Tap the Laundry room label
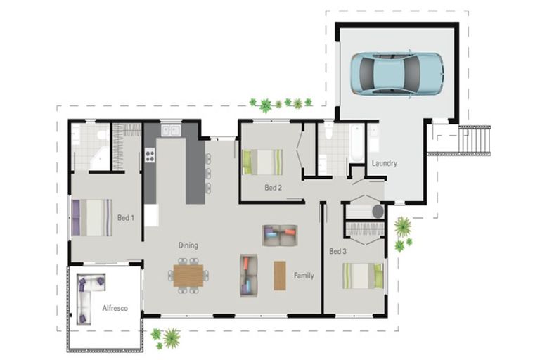[384, 163]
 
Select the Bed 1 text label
[126, 218]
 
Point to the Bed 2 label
[273, 188]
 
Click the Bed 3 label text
[337, 251]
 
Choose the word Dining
[188, 245]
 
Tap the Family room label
[304, 275]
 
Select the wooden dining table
[188, 275]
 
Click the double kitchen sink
[170, 130]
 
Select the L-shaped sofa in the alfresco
[89, 295]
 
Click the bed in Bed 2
[263, 162]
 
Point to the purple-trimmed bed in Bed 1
[91, 217]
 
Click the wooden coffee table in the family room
[280, 275]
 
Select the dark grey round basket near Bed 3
[377, 211]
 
